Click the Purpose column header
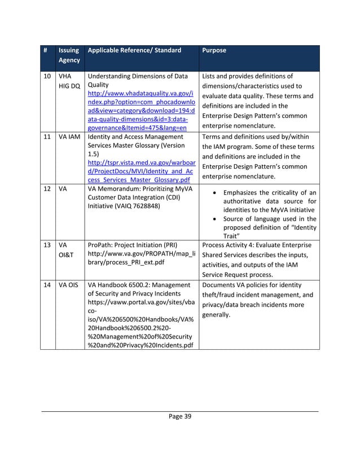tap(213, 51)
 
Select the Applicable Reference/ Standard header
tap(135, 51)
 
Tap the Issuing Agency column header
tap(69, 55)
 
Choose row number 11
tap(47, 137)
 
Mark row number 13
tap(47, 246)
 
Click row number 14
tap(47, 285)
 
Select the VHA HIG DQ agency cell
tap(67, 81)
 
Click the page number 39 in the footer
tap(180, 416)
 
